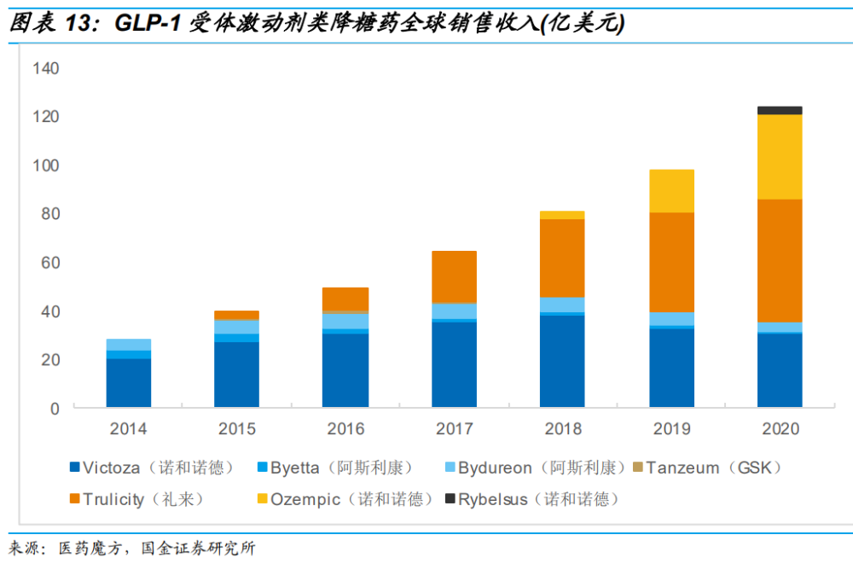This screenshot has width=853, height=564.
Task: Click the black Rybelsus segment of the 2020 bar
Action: tap(780, 110)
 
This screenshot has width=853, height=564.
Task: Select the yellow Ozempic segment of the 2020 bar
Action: tap(780, 156)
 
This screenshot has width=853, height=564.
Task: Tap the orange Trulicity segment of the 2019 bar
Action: tap(671, 262)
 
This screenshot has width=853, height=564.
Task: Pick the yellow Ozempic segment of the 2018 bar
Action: tap(562, 215)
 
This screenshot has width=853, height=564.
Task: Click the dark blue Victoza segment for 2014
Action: tap(129, 382)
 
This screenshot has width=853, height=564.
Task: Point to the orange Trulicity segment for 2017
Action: tap(454, 276)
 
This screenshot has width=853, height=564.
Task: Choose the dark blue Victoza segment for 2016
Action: tap(345, 369)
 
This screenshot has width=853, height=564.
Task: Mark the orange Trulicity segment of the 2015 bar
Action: tap(236, 315)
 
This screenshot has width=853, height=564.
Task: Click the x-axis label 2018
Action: tap(562, 428)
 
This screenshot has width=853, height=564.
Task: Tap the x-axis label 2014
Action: tap(129, 428)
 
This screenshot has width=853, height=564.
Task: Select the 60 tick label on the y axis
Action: tap(49, 263)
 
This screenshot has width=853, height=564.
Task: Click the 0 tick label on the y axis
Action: tap(55, 409)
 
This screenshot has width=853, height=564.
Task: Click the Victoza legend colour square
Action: tap(75, 468)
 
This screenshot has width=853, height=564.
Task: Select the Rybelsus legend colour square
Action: tap(450, 499)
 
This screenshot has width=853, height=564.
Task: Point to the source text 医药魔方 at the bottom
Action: tap(89, 548)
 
